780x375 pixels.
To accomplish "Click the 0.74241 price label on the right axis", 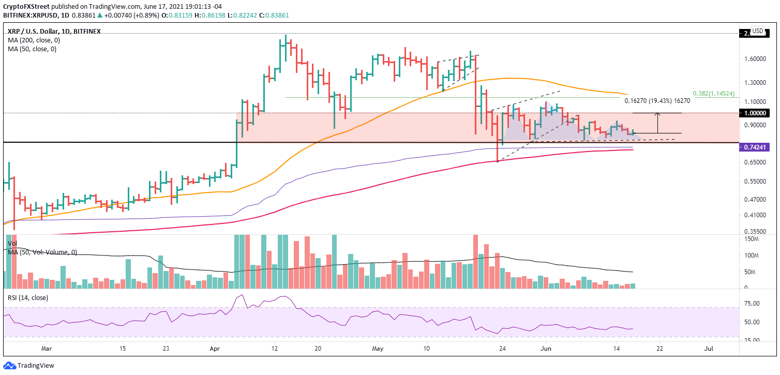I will (x=757, y=147).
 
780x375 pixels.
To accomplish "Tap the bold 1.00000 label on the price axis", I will (x=757, y=113).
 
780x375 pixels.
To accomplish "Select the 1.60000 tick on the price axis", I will (x=755, y=59).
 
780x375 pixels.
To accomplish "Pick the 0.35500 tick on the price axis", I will (x=755, y=232).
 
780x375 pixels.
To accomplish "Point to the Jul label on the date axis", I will (x=709, y=349).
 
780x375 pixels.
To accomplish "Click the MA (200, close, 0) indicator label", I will (x=32, y=40).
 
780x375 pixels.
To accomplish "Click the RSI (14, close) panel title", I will (x=29, y=297).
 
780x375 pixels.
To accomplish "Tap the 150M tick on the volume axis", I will (x=753, y=239).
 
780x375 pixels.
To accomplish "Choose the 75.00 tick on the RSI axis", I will (x=752, y=304).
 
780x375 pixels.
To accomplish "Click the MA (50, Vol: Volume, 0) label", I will (x=42, y=252).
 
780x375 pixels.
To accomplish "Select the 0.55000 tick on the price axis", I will (x=755, y=182).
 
